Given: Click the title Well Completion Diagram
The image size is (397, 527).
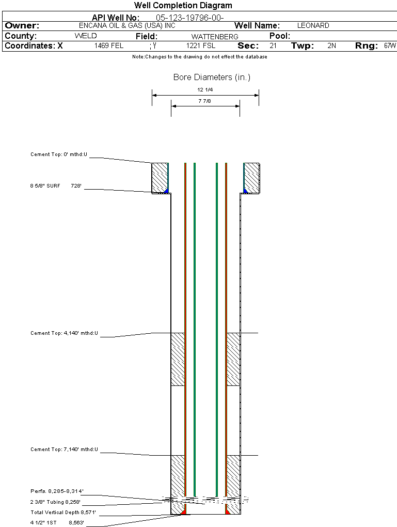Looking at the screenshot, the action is point(183,5).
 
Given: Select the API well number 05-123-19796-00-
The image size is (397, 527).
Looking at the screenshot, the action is point(190,18).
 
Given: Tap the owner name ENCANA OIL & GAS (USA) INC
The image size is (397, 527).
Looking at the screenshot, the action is point(127,25).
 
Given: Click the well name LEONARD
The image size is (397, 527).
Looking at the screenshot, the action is point(313,25).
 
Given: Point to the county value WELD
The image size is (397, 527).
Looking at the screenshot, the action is point(86,36).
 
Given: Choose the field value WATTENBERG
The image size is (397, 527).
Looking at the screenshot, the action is point(215,37).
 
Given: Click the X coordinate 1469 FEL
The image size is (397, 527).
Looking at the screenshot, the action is point(108,45).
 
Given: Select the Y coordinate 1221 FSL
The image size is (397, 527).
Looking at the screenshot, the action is point(201,45).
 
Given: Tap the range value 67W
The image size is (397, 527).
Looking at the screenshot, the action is point(390,45).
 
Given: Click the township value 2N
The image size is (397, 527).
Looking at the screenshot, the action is point(331,45).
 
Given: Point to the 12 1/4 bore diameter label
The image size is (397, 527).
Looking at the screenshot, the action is point(205,90).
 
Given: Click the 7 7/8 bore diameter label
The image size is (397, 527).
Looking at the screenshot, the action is point(204,101).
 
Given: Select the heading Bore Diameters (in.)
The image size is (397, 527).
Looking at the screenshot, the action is point(212,78).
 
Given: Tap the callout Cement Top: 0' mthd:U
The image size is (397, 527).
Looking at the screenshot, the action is point(59,154).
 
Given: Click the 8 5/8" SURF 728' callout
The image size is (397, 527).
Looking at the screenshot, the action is point(56,185).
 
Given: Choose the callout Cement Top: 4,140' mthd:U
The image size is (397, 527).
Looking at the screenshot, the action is point(64,333).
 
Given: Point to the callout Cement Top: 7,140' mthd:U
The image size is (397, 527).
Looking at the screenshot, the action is point(64,450).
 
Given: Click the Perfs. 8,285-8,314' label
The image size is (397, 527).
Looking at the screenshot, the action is point(57,491).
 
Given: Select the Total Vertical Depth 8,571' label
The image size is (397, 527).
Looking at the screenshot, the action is point(63,513).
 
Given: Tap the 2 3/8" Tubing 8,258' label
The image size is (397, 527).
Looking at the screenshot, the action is point(55,502).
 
